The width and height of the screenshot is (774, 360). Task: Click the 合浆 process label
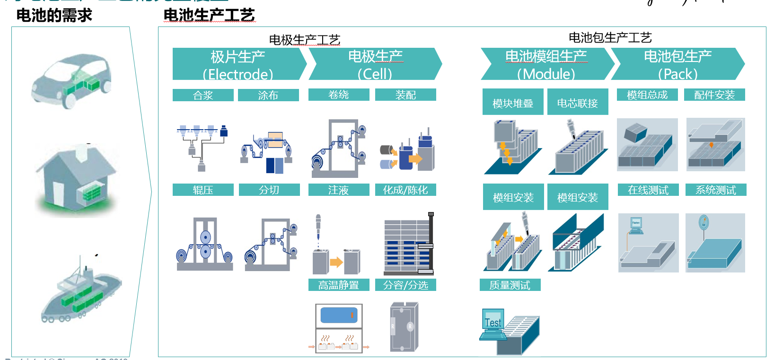coord(203,95)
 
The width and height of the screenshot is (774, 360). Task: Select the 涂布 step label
coord(268,95)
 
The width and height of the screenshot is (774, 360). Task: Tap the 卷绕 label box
coord(339,95)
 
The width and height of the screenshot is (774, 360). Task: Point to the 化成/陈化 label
coord(405,190)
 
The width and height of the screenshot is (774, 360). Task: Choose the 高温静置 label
coord(339,285)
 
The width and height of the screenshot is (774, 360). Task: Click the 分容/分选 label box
coord(405,285)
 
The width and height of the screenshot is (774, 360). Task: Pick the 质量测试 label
coord(510,285)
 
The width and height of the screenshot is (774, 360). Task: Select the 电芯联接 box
coord(578,102)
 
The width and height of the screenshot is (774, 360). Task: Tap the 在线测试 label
coord(648,190)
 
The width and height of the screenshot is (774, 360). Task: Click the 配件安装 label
coord(714,95)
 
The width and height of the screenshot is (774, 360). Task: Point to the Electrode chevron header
coord(238,64)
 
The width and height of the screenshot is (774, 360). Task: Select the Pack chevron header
coord(677,64)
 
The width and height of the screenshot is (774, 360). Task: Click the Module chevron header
coord(546,64)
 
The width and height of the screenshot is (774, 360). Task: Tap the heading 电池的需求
coord(54,15)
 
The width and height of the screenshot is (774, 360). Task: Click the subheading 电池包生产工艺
coord(610,37)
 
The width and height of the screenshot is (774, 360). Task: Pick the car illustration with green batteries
coord(71,81)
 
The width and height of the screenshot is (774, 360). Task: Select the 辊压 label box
coord(203,190)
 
